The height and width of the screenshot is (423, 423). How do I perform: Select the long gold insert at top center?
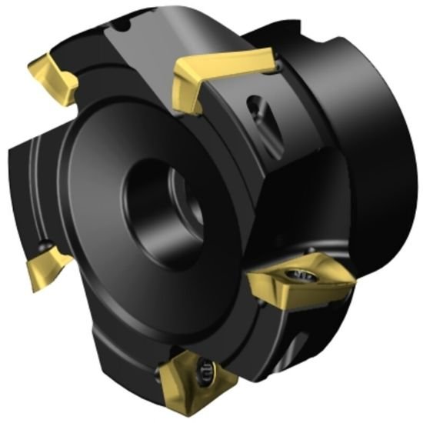(x=223, y=70)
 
